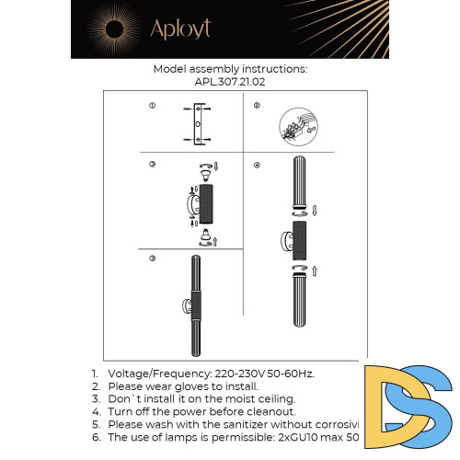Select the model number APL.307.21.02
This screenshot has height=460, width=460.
tap(231, 81)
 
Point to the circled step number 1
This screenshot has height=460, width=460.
tap(152, 107)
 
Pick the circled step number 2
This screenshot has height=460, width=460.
tap(257, 107)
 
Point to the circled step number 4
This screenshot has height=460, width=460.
tap(257, 166)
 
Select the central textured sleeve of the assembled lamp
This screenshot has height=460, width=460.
tap(195, 304)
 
